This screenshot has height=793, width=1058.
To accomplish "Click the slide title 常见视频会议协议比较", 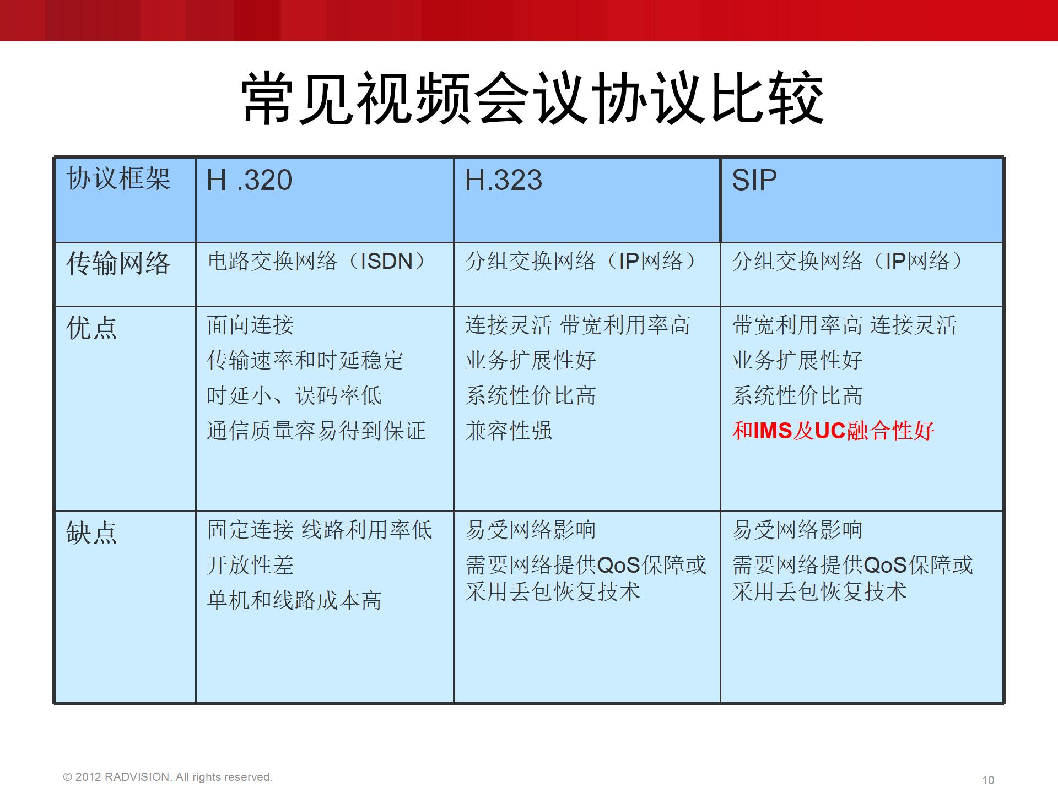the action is [x=532, y=98].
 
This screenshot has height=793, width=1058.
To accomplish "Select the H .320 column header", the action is [x=249, y=180].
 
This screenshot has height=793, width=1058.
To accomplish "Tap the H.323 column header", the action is [x=504, y=180].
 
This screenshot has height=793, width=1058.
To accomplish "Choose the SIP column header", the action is [x=754, y=180].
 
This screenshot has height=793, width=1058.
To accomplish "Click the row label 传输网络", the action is [x=118, y=263].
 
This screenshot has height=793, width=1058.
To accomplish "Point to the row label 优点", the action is [x=92, y=328].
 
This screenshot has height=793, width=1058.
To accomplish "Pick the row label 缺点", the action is [x=92, y=533].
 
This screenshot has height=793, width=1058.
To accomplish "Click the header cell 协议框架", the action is [x=118, y=178].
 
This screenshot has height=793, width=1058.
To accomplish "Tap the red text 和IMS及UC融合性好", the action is [x=833, y=431].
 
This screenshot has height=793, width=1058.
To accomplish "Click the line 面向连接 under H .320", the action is [x=251, y=325].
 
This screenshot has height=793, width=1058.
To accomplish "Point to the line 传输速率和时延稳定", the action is [x=305, y=360].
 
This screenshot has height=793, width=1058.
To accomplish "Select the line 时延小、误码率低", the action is [x=294, y=395].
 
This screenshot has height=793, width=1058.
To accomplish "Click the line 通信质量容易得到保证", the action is [x=316, y=431].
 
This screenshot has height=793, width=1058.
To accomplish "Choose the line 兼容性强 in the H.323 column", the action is [x=509, y=431].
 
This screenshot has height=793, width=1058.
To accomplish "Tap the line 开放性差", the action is [x=251, y=565].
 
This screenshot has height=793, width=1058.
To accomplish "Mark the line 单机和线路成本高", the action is [x=294, y=600].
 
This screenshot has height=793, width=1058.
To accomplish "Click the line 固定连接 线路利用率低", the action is [x=320, y=530].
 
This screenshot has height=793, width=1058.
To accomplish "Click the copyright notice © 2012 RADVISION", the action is [x=168, y=777].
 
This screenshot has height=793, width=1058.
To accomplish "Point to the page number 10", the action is [x=988, y=780].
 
